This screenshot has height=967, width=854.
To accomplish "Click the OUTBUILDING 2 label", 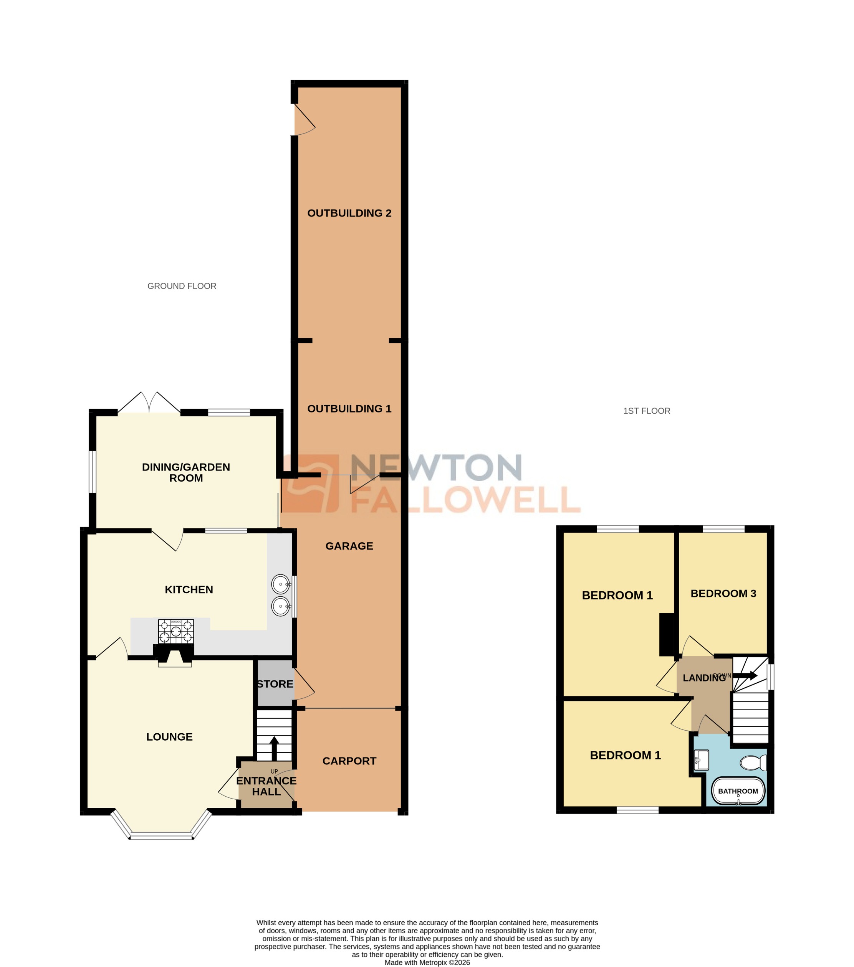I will click(349, 213).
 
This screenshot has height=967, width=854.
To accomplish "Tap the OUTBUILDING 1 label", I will click(349, 409).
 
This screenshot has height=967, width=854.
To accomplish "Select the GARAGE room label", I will click(349, 546).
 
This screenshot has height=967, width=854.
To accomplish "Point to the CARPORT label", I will click(349, 761).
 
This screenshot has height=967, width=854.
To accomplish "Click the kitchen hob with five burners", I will click(175, 631).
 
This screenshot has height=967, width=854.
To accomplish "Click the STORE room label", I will click(275, 684).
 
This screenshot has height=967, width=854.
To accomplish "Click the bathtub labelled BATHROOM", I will click(738, 790).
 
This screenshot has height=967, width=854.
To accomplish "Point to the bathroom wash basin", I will click(702, 760).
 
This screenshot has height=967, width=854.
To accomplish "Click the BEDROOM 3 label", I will click(723, 593).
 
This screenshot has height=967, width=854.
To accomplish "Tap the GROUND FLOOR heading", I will click(182, 286).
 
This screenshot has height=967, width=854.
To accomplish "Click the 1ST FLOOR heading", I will click(646, 411).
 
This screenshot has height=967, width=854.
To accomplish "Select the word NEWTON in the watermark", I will click(435, 468).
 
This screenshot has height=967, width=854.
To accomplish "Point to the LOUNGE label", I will click(169, 737).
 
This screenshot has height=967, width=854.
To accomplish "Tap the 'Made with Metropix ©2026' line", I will click(427, 962).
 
